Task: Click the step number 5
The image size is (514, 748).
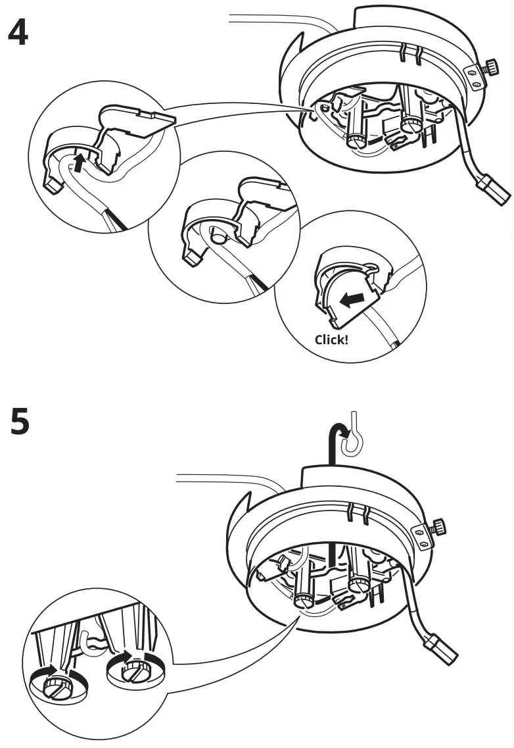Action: pyautogui.click(x=20, y=422)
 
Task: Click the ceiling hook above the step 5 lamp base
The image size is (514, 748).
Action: pyautogui.click(x=356, y=435)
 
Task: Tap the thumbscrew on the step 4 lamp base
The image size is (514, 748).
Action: pyautogui.click(x=490, y=68)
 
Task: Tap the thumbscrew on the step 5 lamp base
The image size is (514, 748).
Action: pyautogui.click(x=437, y=527)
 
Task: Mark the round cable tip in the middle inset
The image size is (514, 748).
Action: pyautogui.click(x=216, y=234)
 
